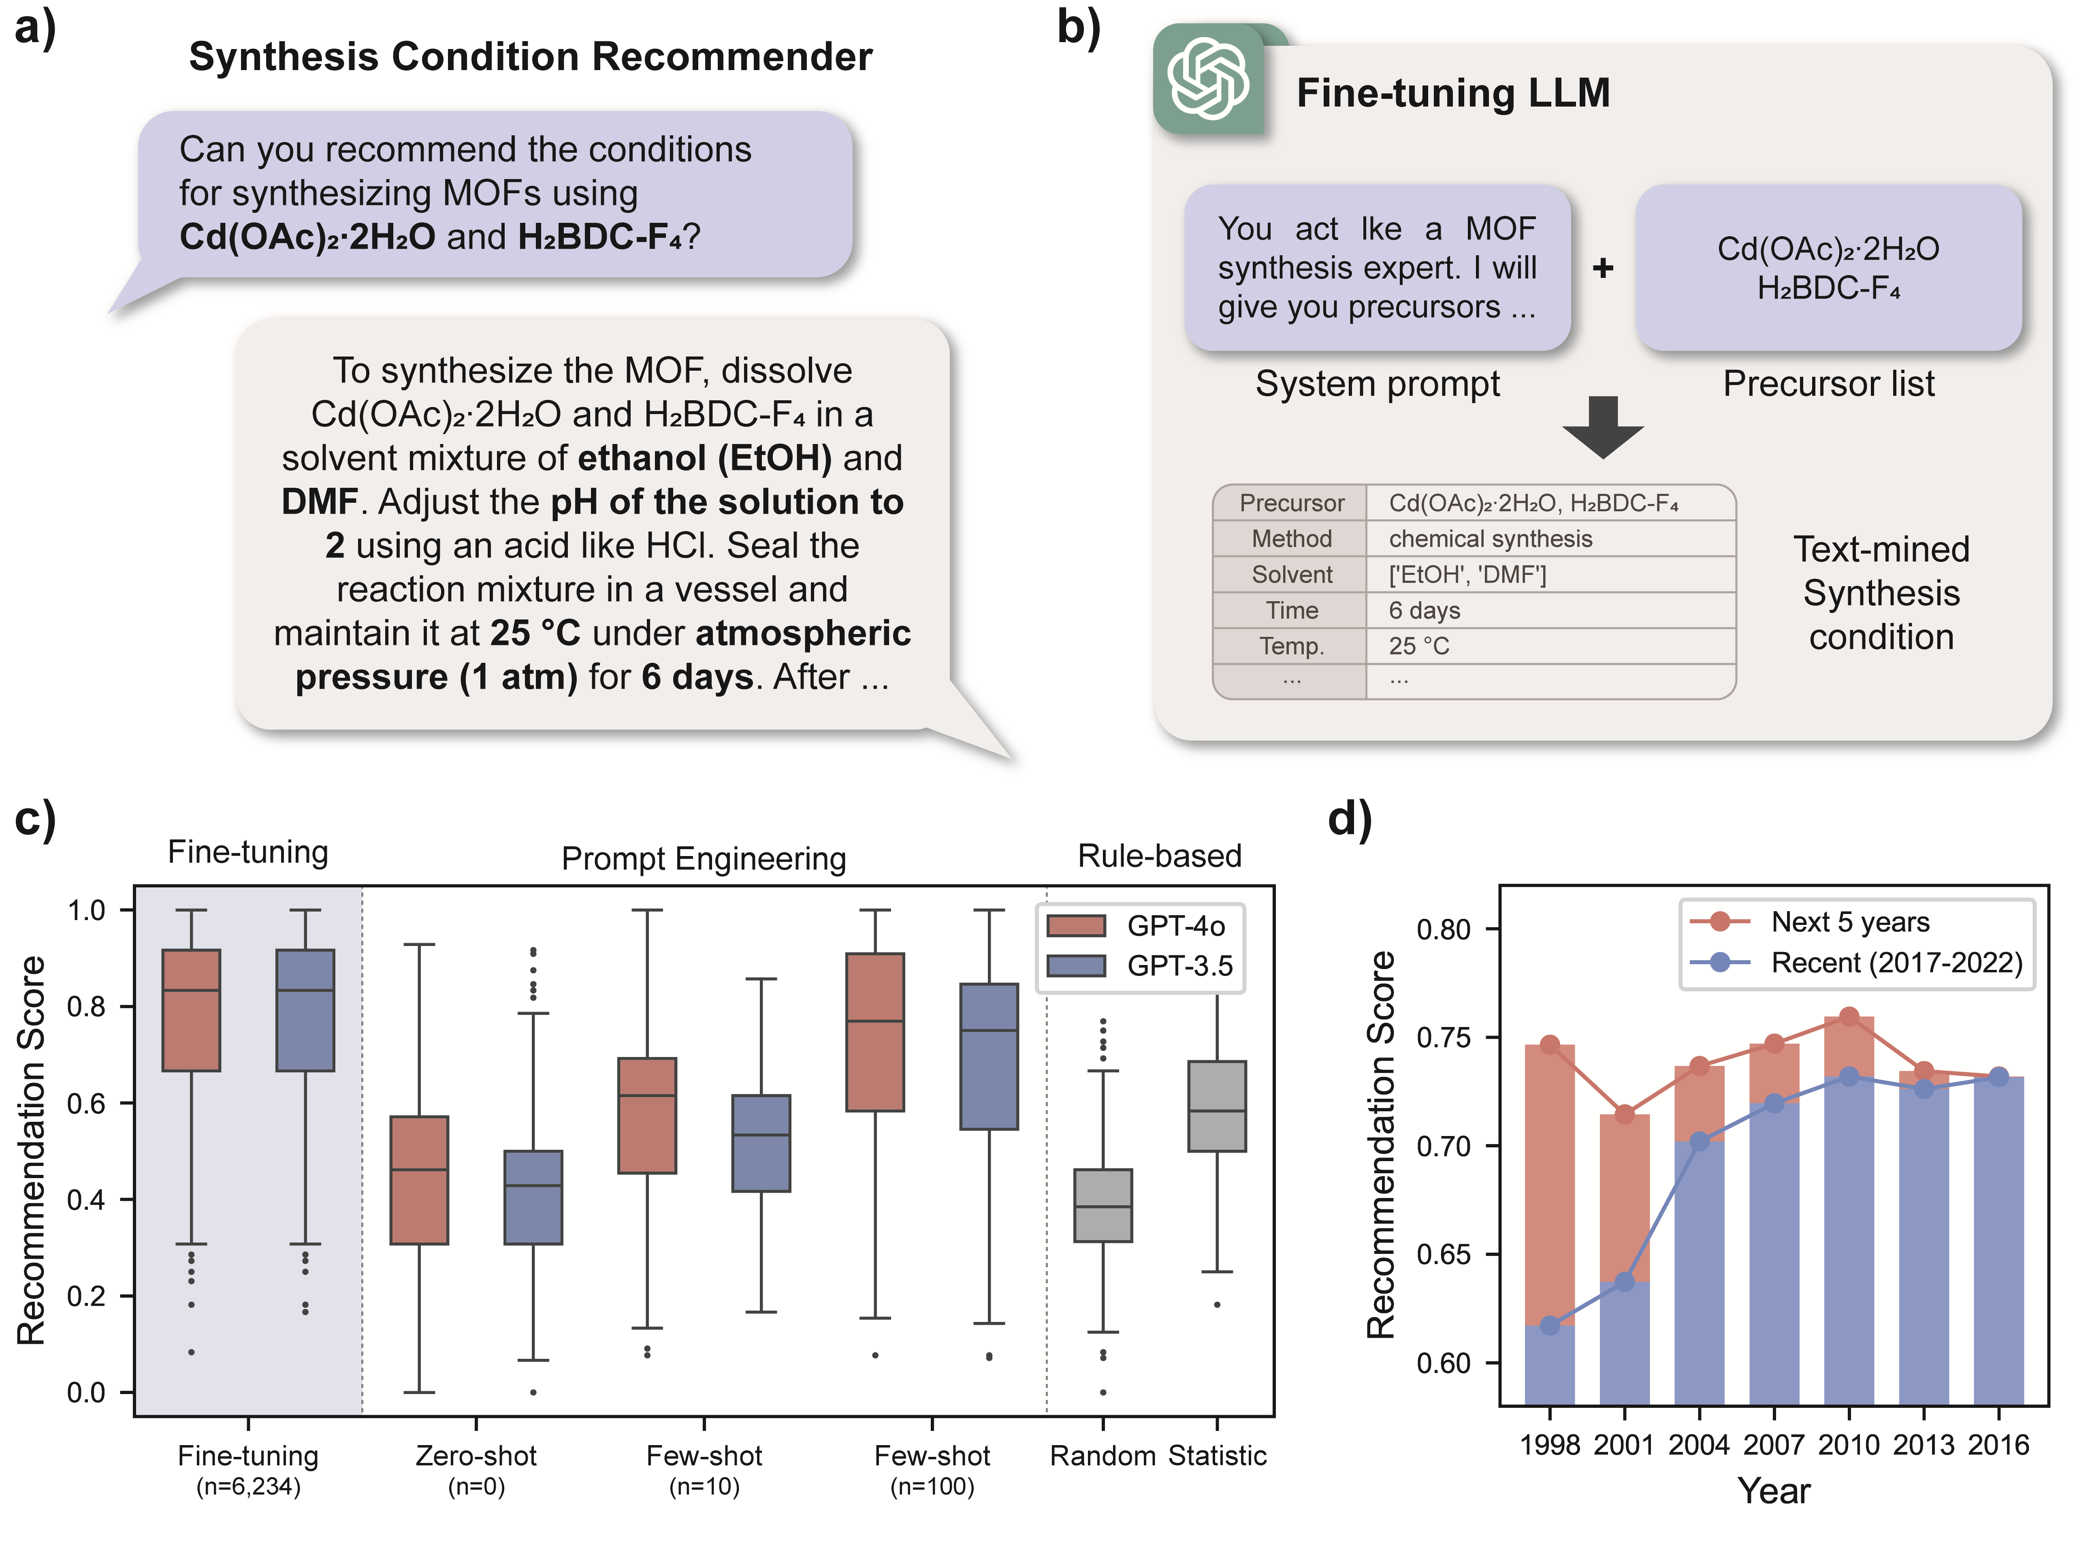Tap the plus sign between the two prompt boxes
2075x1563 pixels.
click(1603, 268)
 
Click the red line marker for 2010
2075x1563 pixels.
click(1849, 1017)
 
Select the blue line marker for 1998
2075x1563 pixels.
click(1550, 1326)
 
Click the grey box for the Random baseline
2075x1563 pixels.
click(1103, 1206)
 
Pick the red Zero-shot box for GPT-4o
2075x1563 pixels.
click(419, 1180)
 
